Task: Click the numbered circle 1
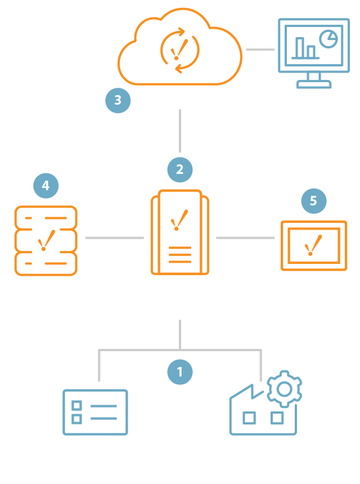[180, 372]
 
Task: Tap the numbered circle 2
[180, 169]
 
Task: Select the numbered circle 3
[118, 100]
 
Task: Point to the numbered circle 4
[46, 186]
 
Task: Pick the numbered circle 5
[313, 200]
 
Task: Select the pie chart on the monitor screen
[327, 38]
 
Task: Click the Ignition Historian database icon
[45, 240]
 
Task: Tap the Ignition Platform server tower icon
[180, 232]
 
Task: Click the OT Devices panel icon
[95, 412]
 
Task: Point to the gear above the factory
[284, 388]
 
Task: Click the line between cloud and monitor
[260, 50]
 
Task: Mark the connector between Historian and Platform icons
[114, 238]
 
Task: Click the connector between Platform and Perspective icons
[245, 238]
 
